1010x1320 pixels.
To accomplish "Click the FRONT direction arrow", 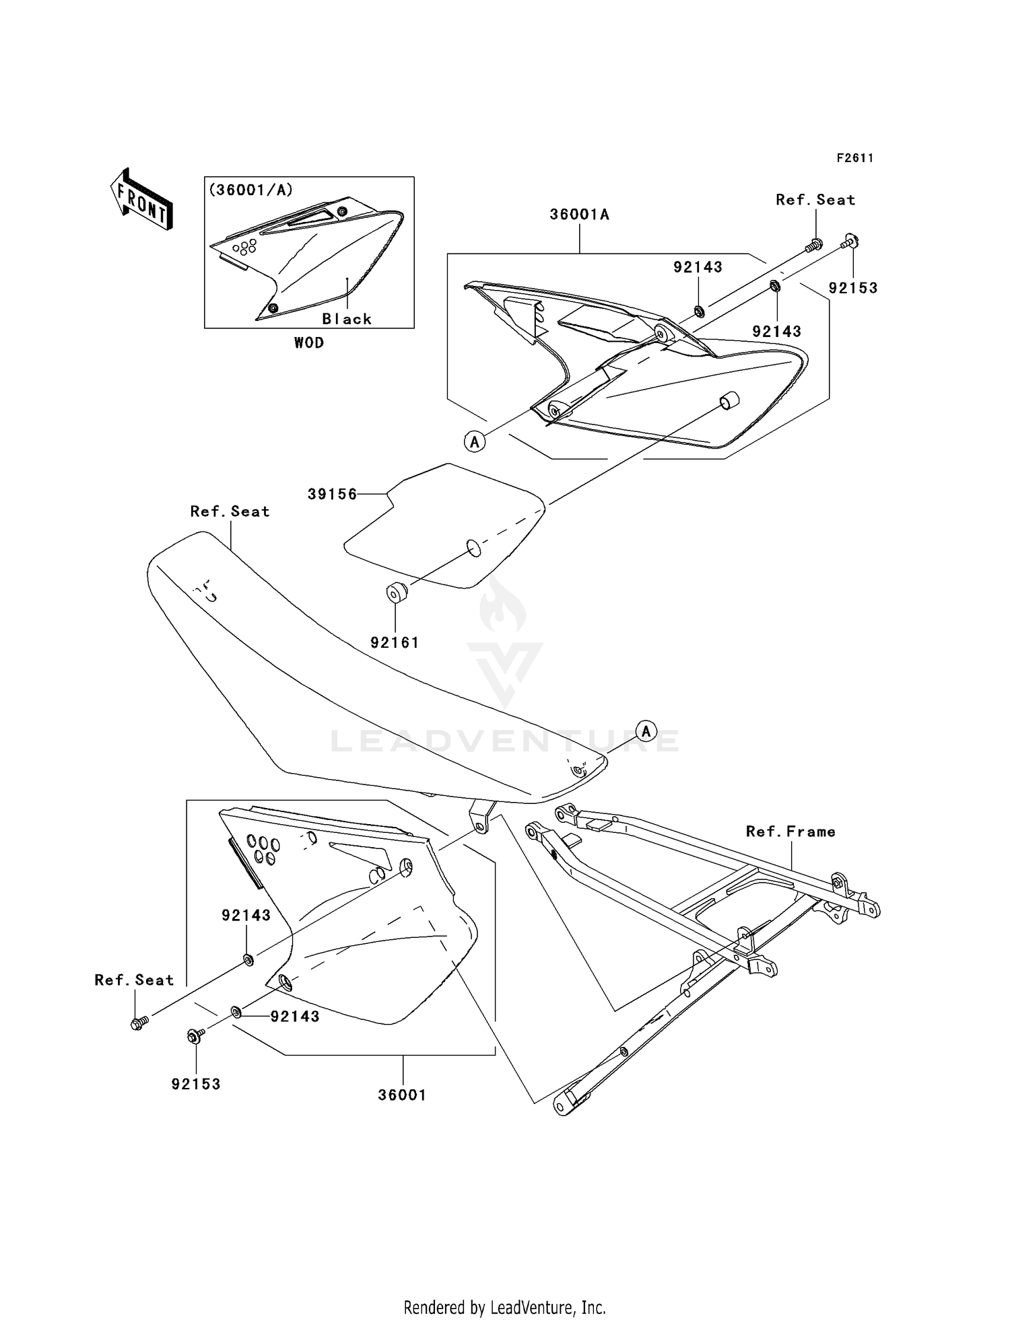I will (142, 199).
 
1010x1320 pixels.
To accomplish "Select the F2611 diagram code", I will (855, 158).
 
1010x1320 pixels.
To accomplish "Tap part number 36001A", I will (579, 215).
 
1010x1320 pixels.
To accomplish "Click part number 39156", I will (332, 494).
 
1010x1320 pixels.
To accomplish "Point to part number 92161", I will (395, 643).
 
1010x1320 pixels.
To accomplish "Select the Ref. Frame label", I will (790, 832).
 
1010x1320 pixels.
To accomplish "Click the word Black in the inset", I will (347, 319).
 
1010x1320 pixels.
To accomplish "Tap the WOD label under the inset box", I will (309, 342).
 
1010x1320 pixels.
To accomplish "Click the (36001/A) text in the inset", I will (251, 190).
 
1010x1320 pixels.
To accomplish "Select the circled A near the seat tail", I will (646, 731).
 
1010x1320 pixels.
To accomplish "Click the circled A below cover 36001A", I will (475, 442).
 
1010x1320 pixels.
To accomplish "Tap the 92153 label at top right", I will (853, 288).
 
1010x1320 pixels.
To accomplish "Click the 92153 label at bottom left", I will (196, 1084).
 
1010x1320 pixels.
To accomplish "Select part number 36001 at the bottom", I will (402, 1095).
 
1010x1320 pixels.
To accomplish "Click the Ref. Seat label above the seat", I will (230, 511).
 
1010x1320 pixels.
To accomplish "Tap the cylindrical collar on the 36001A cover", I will (729, 401).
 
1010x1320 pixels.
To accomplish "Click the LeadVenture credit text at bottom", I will (504, 1307).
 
